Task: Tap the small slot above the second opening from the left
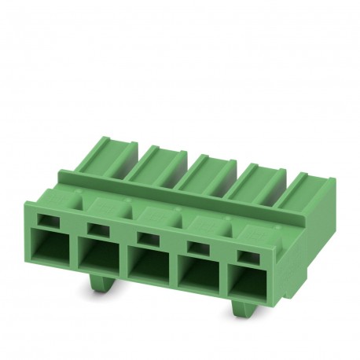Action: point(97,230)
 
